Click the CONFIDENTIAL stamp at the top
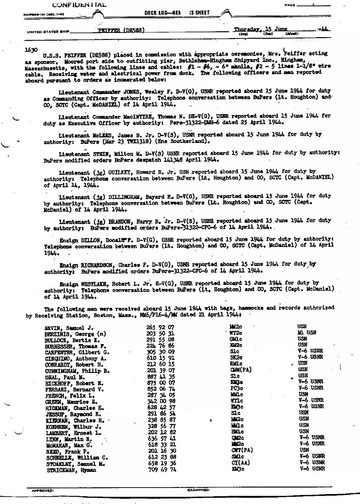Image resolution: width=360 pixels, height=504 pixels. click(x=80, y=5)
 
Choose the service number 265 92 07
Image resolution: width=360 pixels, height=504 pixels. click(x=157, y=326)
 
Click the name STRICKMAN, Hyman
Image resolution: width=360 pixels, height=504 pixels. click(x=71, y=469)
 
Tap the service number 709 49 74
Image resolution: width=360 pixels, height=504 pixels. click(x=157, y=469)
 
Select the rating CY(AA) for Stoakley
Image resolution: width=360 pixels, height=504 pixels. click(x=242, y=463)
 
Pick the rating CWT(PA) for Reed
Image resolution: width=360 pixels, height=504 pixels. click(x=242, y=450)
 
